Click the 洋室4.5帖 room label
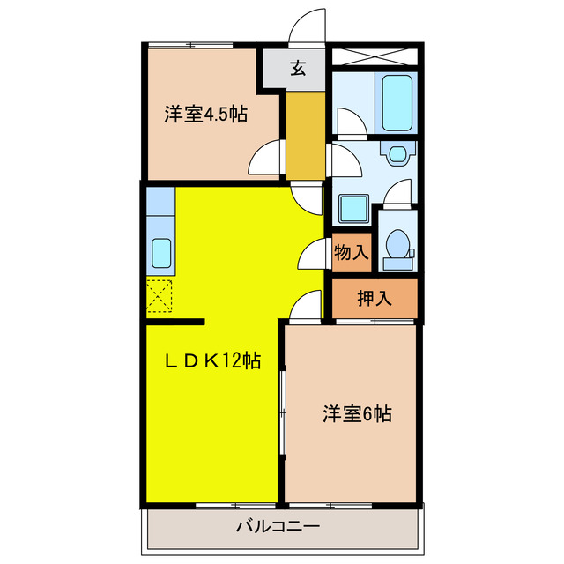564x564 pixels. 204,115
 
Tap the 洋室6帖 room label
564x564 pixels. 356,413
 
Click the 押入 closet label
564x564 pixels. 374,298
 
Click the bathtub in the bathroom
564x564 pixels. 397,102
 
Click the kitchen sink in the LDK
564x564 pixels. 162,254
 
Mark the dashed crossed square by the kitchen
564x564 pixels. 160,295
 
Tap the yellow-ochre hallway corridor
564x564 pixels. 306,132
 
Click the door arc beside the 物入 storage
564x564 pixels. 313,255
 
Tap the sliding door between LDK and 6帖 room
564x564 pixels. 282,411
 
